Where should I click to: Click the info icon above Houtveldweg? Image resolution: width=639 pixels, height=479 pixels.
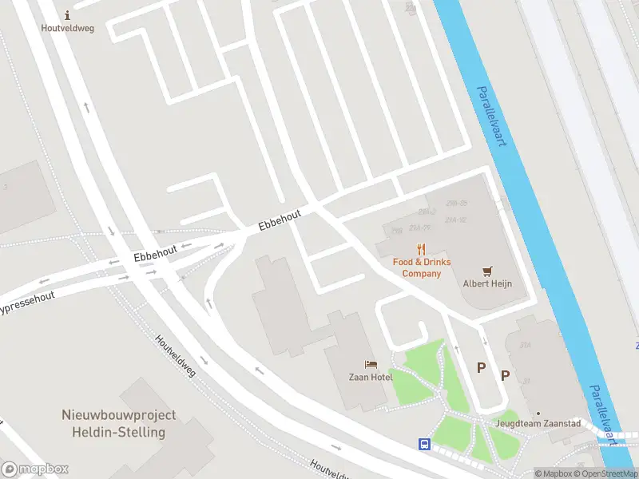tap(67, 14)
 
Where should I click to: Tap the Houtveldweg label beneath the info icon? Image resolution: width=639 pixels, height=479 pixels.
tap(67, 28)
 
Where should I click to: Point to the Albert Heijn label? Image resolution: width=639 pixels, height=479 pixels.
tap(487, 283)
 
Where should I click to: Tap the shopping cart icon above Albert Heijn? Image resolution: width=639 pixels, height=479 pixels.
tap(487, 271)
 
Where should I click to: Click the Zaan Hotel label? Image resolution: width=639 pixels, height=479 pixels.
tap(370, 377)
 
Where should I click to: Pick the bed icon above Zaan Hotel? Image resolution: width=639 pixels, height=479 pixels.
tap(370, 364)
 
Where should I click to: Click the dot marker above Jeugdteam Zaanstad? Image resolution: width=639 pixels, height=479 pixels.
tap(538, 413)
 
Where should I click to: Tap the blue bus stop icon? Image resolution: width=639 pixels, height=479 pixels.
tap(424, 444)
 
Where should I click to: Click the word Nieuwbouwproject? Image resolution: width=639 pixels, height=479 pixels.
tap(119, 415)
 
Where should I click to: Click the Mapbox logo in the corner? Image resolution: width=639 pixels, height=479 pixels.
tap(35, 469)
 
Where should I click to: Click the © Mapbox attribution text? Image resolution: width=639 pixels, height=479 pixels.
tap(553, 473)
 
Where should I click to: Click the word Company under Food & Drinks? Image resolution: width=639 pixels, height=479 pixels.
tap(421, 274)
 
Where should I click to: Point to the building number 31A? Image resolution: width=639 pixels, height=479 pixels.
tap(525, 345)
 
